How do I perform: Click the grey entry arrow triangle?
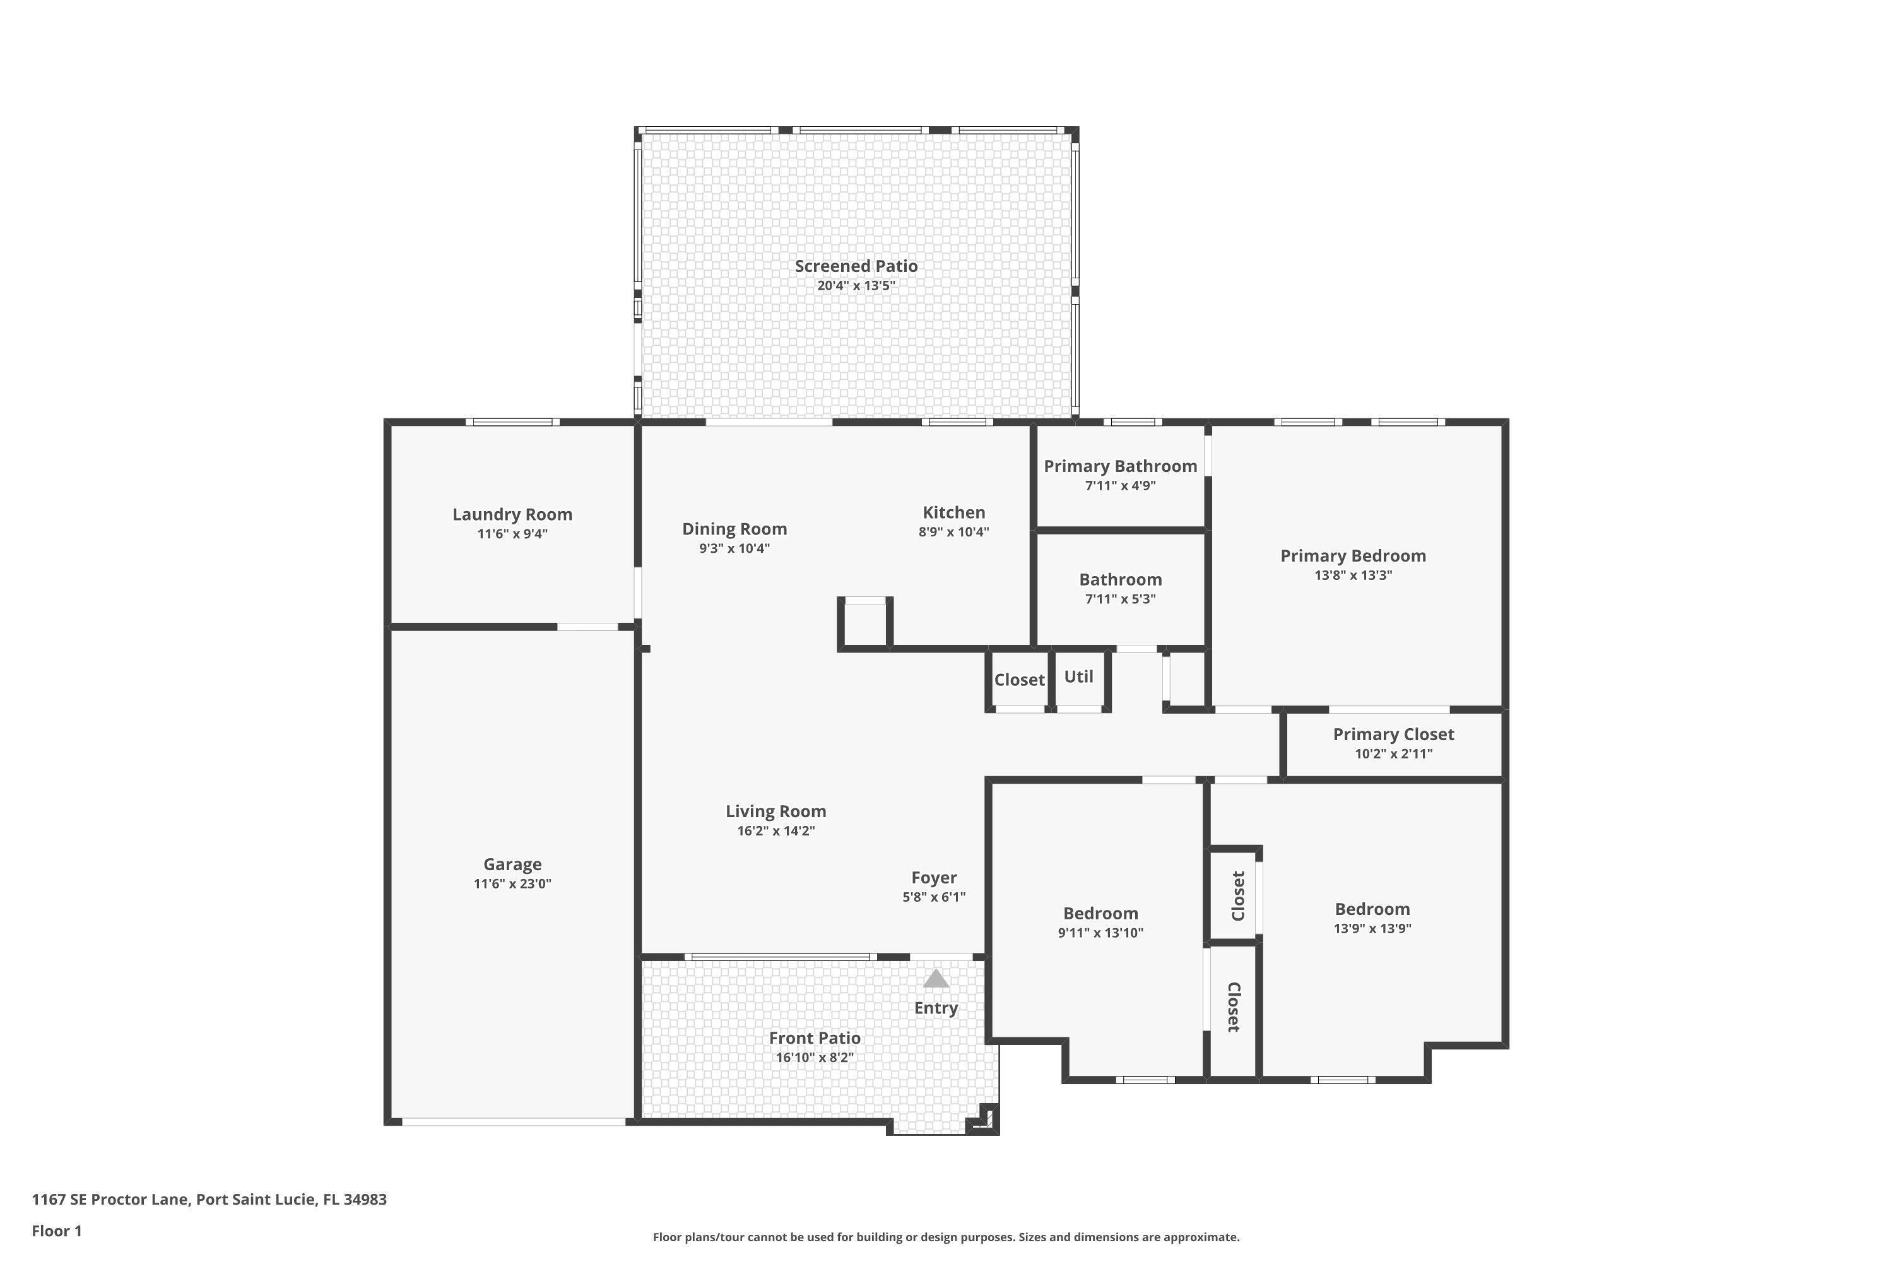click(x=935, y=979)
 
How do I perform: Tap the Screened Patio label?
click(x=856, y=266)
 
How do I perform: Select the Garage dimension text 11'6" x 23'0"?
click(x=512, y=884)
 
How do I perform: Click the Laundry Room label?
click(x=512, y=514)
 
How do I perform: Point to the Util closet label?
click(x=1078, y=677)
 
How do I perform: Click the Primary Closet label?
click(x=1393, y=734)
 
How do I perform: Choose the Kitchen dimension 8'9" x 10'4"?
click(x=953, y=532)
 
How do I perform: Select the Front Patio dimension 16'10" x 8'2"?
click(x=814, y=1058)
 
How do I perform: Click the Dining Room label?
click(x=734, y=529)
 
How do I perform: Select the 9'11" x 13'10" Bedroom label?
click(x=1100, y=914)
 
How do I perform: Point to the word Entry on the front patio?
click(x=935, y=1008)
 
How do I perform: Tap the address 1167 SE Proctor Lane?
click(x=209, y=1200)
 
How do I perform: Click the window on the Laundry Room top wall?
click(x=512, y=422)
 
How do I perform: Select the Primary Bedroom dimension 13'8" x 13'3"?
click(x=1352, y=575)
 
